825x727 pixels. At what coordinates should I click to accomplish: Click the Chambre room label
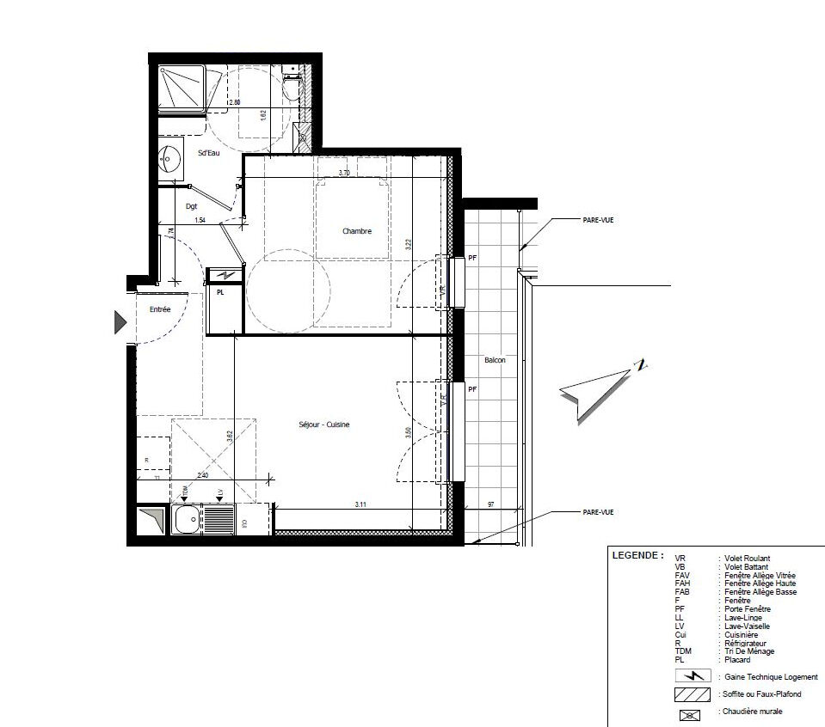tap(356, 231)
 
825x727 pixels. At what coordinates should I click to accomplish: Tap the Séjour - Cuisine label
tap(323, 425)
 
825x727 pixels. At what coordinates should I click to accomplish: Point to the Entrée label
tap(160, 309)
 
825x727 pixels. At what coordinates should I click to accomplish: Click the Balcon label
tap(495, 360)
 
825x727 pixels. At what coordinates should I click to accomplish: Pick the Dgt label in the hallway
tap(191, 206)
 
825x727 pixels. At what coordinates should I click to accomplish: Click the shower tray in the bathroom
tap(181, 88)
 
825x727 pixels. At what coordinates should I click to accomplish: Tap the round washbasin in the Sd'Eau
tap(169, 159)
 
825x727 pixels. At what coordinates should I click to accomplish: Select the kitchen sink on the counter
tap(185, 519)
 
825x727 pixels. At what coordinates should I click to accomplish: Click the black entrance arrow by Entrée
tap(120, 322)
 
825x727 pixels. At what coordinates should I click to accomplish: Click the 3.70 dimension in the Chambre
tap(344, 174)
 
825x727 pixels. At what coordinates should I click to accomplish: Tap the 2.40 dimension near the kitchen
tap(203, 475)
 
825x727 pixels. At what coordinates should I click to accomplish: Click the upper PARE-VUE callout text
tap(598, 220)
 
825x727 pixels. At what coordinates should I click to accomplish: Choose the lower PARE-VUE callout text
tap(598, 512)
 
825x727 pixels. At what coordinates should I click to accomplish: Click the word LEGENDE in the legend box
tap(637, 555)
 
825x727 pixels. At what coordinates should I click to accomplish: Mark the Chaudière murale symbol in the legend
tap(692, 712)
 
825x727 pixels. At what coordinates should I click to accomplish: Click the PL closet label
tap(221, 292)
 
